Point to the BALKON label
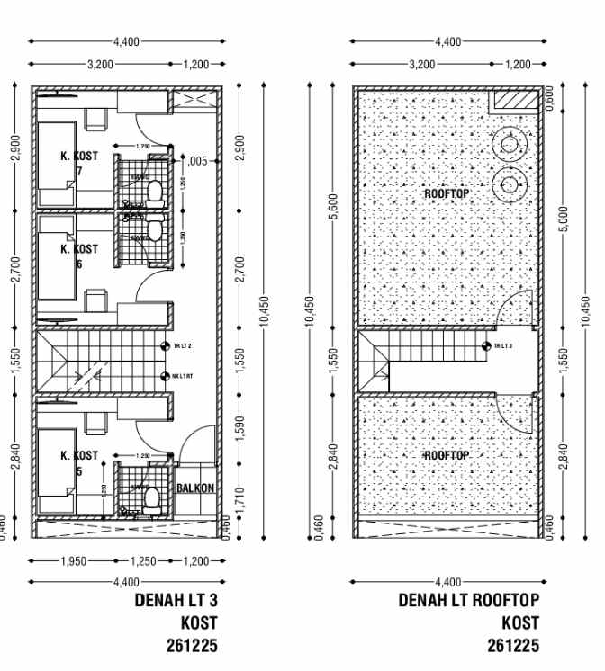(195, 488)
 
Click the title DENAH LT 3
(176, 600)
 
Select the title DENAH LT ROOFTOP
(469, 600)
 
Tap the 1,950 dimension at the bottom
(73, 561)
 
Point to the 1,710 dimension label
(238, 494)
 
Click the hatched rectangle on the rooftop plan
(512, 101)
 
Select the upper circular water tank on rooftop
(510, 144)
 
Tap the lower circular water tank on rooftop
(510, 186)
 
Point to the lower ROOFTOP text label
(447, 456)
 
